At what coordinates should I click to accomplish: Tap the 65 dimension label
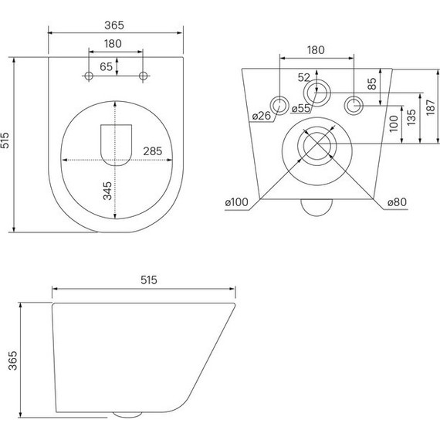107,68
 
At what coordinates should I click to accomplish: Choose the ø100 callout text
236,203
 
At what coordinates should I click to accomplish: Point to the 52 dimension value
303,77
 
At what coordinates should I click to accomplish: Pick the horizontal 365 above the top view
116,25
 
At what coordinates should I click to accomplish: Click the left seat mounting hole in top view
89,75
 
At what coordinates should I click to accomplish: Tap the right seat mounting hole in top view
143,75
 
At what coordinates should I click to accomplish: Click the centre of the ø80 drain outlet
316,144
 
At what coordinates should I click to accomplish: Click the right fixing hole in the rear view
353,104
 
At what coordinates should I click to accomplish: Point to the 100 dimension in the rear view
393,124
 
